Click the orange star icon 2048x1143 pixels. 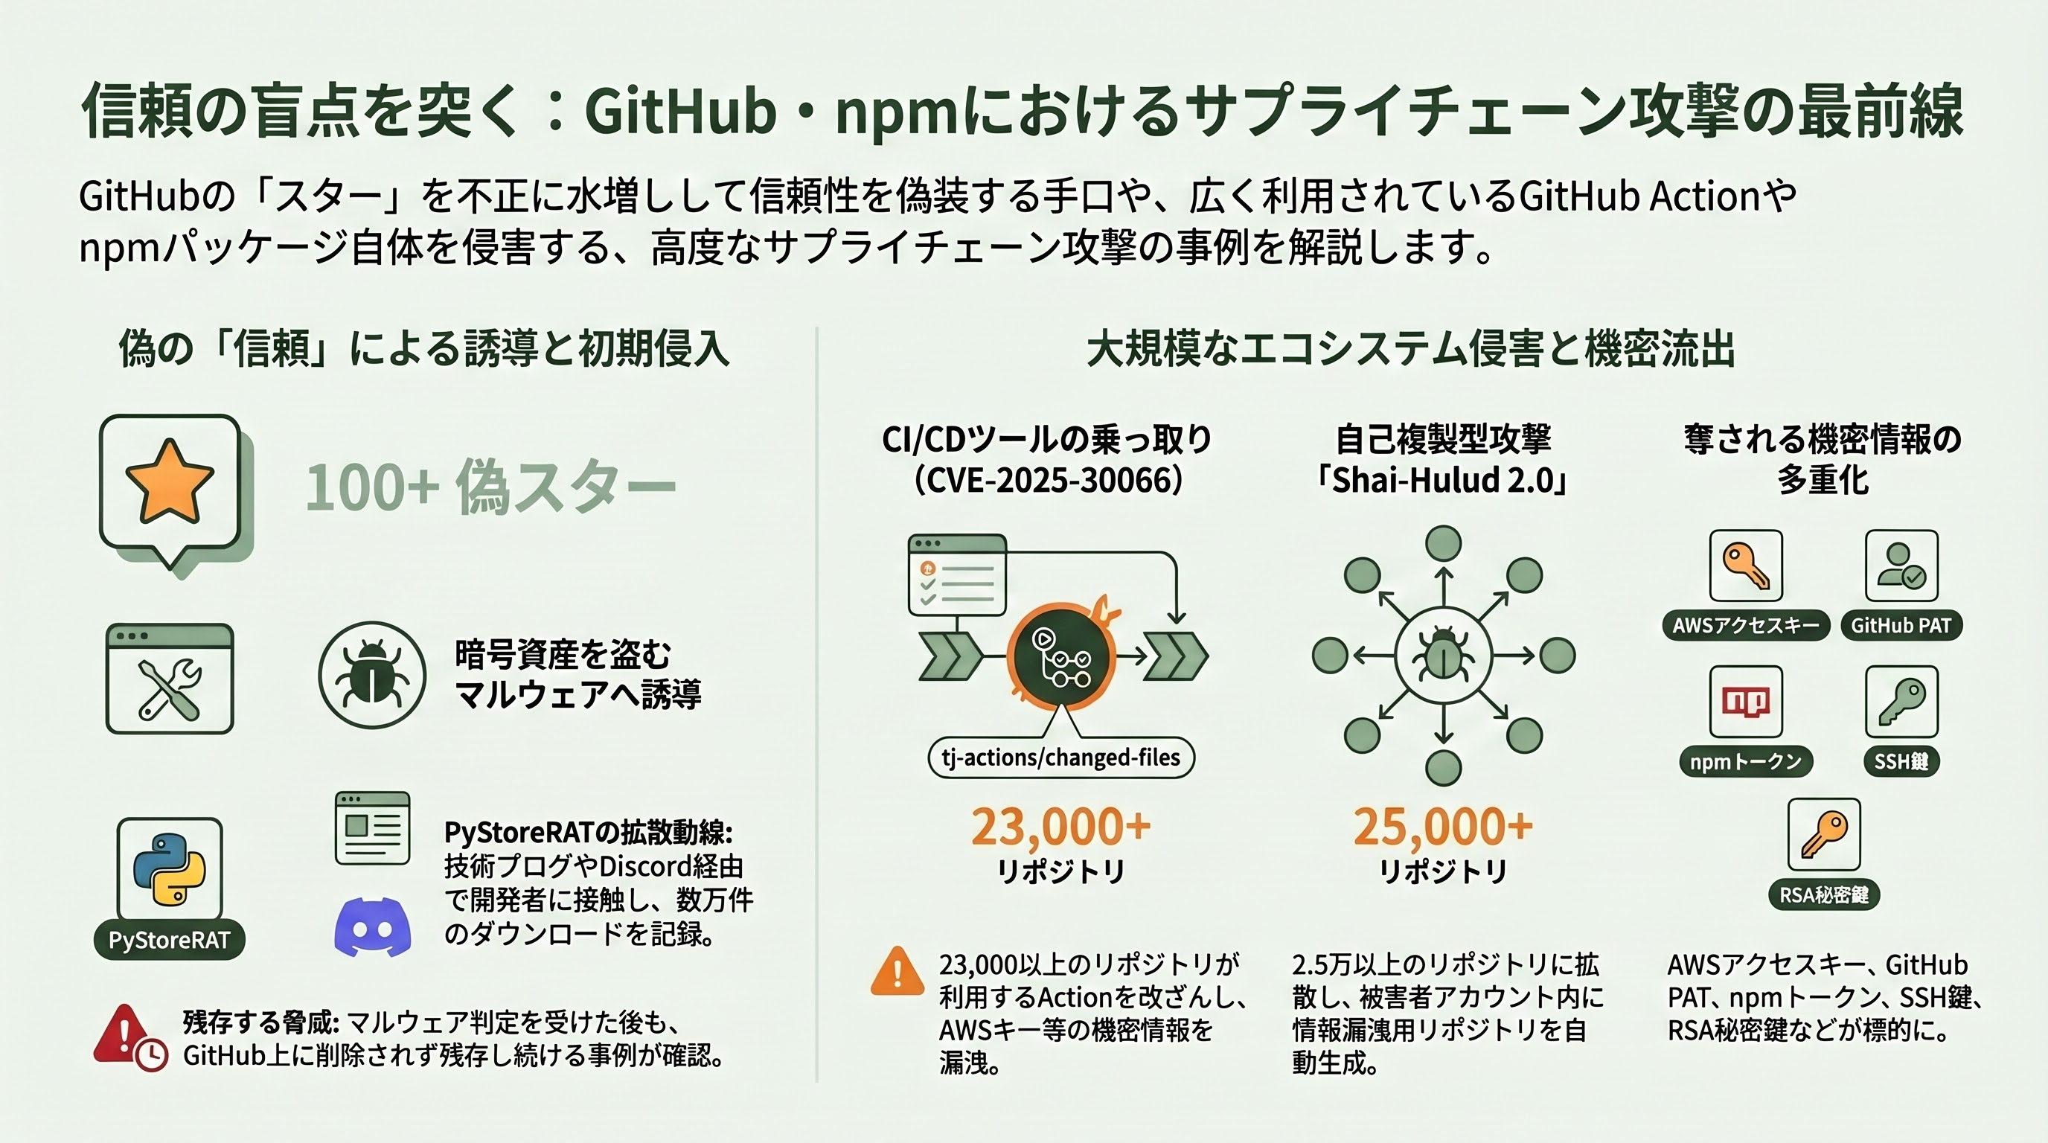(170, 482)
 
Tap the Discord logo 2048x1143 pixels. (372, 926)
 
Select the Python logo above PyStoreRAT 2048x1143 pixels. (170, 870)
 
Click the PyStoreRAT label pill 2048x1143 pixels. (170, 941)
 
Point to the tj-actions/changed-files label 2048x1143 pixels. (1060, 758)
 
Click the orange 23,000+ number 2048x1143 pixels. (1060, 827)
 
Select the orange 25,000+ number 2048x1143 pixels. (1443, 827)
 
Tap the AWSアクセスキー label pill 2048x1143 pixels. (1745, 626)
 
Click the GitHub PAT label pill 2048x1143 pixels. (1901, 626)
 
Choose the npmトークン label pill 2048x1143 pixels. (1745, 761)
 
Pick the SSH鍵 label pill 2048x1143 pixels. (1901, 761)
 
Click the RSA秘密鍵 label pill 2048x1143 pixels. (1824, 895)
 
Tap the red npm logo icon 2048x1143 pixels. (1745, 701)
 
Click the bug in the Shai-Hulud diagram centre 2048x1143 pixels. (1443, 656)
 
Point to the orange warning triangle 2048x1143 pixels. (897, 971)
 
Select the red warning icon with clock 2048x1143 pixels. (129, 1037)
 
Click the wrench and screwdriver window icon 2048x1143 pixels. (170, 679)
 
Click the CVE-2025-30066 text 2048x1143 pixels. (1048, 480)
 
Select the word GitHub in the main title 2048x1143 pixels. (679, 112)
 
